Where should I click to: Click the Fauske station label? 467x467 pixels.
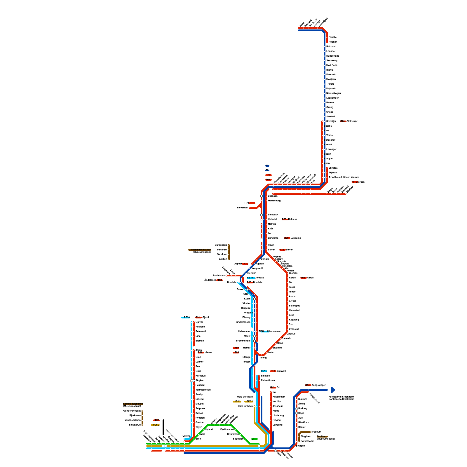tap(332, 37)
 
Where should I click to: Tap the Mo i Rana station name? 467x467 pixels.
tap(332, 65)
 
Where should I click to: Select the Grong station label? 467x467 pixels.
tap(330, 107)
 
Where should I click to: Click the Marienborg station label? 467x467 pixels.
tap(274, 201)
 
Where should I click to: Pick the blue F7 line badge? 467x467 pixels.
tap(267, 166)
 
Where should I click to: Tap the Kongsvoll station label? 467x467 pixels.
tap(257, 269)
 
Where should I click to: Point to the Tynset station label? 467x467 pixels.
tap(292, 292)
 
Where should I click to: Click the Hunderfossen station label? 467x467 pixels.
tap(243, 322)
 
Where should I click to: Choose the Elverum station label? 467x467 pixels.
tap(277, 348)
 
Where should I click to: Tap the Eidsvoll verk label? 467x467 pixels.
tap(268, 381)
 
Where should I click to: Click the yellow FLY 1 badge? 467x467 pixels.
tap(238, 402)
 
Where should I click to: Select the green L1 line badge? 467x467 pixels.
tap(255, 439)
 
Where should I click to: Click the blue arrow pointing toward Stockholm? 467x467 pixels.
tap(333, 390)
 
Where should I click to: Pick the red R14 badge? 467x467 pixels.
tap(308, 385)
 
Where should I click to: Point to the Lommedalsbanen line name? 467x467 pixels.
tap(133, 404)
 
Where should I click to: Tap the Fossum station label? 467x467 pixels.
tap(317, 432)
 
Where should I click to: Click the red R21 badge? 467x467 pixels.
tap(157, 420)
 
